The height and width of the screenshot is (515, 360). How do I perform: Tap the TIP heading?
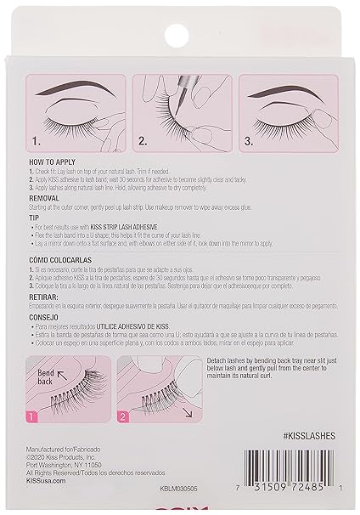[36, 218]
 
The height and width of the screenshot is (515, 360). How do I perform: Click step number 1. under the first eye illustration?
[37, 141]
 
